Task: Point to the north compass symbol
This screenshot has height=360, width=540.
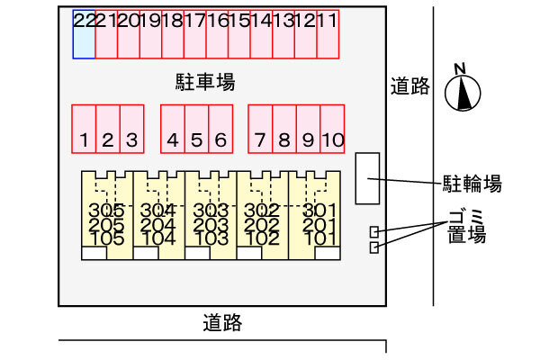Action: point(463,91)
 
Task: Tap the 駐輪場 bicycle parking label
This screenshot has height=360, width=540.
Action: point(472,184)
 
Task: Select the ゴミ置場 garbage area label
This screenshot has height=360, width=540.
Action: point(466,225)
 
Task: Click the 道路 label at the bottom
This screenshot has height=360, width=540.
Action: point(221,322)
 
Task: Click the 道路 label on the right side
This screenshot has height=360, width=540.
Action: point(410,86)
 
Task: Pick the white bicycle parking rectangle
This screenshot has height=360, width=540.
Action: point(368,177)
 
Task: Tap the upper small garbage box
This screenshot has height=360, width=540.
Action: point(373,232)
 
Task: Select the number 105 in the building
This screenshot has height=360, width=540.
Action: point(106,238)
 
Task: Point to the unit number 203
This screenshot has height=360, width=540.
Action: point(211,225)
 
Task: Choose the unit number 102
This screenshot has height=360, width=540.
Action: point(263,238)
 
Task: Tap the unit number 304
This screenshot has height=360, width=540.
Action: point(158,211)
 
